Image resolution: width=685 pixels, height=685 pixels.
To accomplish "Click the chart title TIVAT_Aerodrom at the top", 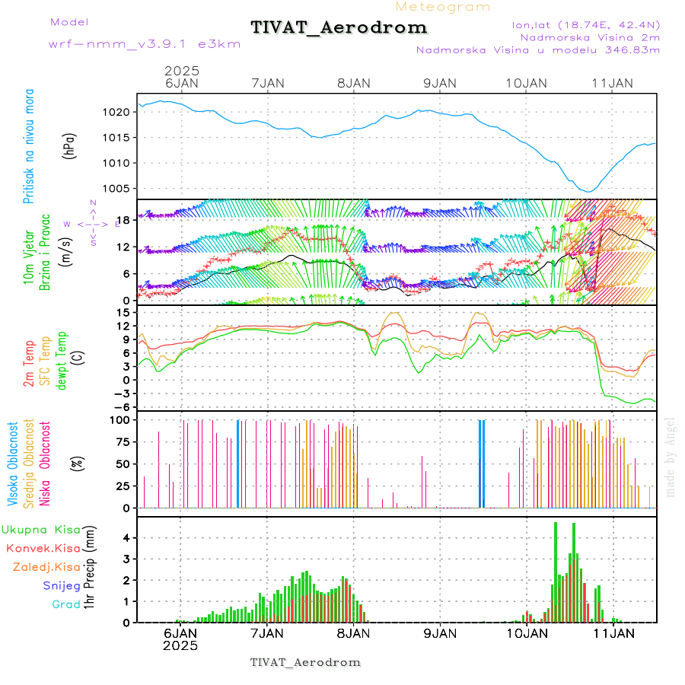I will point(339,28).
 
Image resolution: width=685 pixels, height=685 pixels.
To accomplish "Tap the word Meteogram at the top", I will point(443,7).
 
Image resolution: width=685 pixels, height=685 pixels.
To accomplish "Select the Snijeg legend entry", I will point(60,585).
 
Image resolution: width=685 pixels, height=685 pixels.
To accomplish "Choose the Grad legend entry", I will point(65,604).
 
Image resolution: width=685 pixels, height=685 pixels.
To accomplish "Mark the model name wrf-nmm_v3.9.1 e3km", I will point(145,43).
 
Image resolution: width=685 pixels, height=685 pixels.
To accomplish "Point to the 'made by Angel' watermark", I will point(671,456).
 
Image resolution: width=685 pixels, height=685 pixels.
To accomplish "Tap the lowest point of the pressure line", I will point(588,192).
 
